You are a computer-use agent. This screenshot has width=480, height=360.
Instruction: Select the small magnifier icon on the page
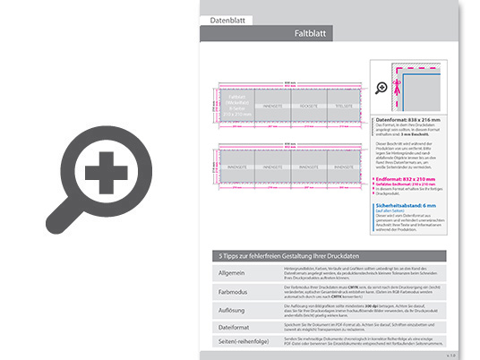382,87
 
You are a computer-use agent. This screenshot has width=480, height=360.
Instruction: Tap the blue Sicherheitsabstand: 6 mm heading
409,205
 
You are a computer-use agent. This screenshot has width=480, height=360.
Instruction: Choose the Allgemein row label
231,270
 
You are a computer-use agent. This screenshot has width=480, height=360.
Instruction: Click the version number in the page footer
451,356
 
